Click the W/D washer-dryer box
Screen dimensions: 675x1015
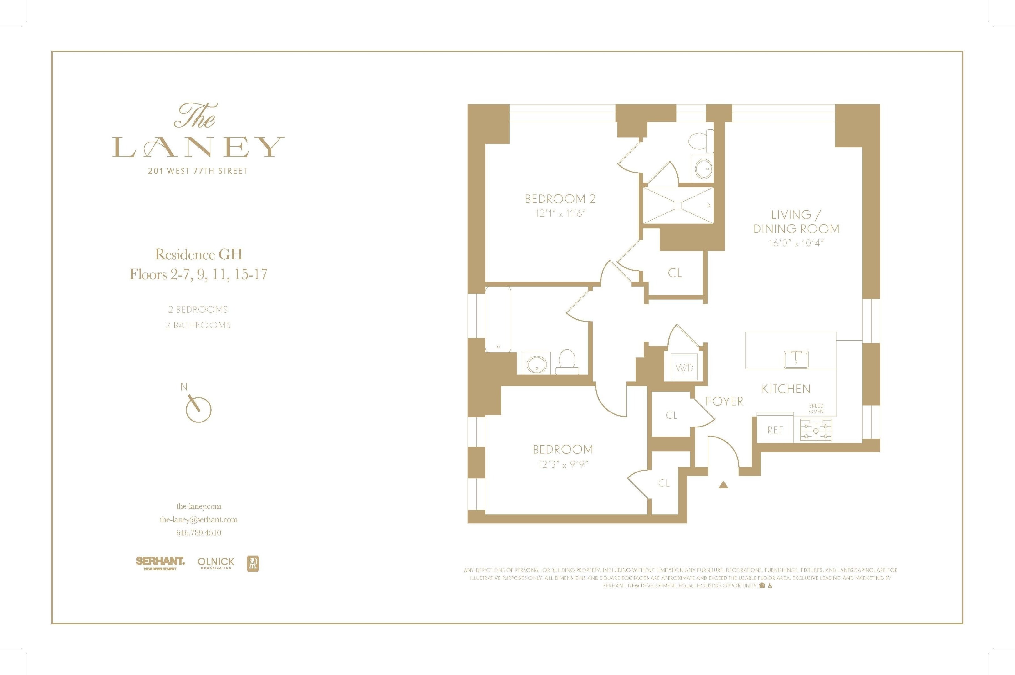click(684, 367)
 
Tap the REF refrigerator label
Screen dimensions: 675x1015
click(775, 430)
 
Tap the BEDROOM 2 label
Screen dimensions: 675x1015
click(560, 199)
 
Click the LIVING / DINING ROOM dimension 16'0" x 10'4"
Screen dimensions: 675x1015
click(796, 243)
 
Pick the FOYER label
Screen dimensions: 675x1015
click(724, 401)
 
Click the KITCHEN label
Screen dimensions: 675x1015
click(786, 389)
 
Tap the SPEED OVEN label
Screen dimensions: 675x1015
click(816, 408)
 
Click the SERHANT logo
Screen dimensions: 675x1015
click(160, 562)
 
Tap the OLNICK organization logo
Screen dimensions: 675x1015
click(216, 562)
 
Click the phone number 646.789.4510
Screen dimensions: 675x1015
click(198, 532)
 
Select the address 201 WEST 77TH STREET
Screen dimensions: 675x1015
click(198, 171)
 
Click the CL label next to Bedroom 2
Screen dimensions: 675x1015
click(675, 273)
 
